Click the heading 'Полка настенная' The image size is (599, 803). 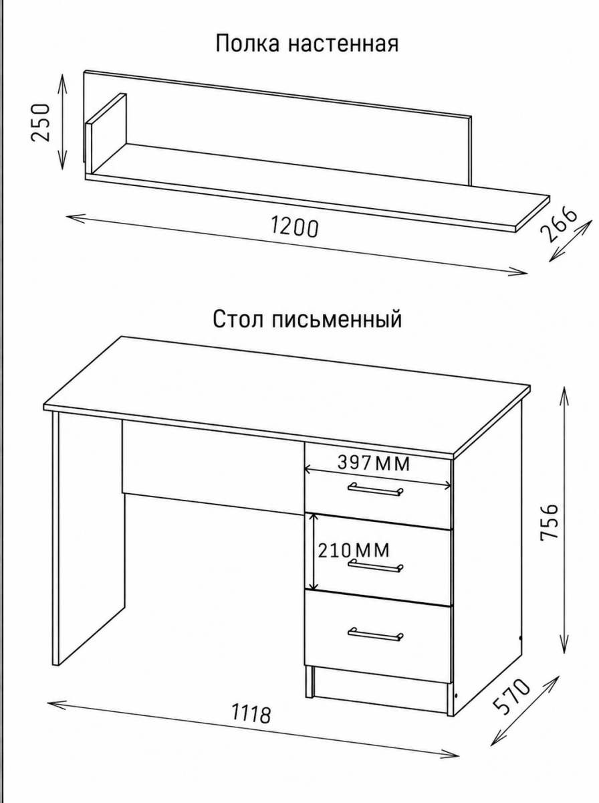pyautogui.click(x=307, y=44)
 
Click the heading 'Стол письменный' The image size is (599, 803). pyautogui.click(x=308, y=319)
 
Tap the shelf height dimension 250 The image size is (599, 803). pyautogui.click(x=40, y=122)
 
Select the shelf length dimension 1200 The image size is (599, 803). pyautogui.click(x=295, y=227)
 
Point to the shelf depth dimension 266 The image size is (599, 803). pyautogui.click(x=558, y=226)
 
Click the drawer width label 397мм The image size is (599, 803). pyautogui.click(x=373, y=464)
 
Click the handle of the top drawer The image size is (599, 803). pyautogui.click(x=375, y=489)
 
